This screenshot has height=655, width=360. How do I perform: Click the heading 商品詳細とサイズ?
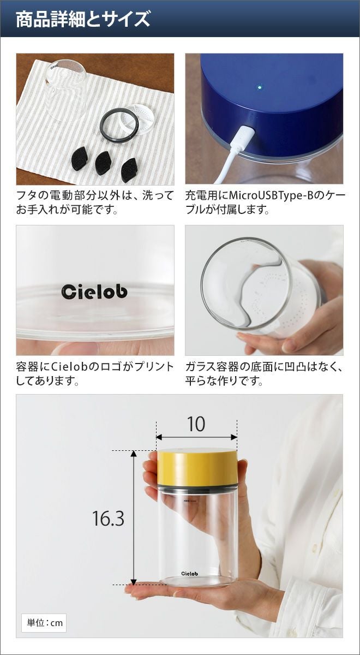[83, 20]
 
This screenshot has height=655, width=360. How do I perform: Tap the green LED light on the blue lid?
[260, 87]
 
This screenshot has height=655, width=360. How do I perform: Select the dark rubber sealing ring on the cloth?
[119, 125]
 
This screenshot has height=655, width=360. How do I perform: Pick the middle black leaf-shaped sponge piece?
[104, 163]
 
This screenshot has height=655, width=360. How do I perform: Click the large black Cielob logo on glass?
[95, 292]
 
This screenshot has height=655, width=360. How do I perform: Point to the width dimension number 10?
[196, 424]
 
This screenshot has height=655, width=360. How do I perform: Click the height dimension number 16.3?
[108, 518]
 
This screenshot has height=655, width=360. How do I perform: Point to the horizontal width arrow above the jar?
[196, 437]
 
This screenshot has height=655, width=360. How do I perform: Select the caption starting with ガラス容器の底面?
[264, 374]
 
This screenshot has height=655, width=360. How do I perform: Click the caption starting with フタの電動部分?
[95, 203]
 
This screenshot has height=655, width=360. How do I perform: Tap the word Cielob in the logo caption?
[74, 367]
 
